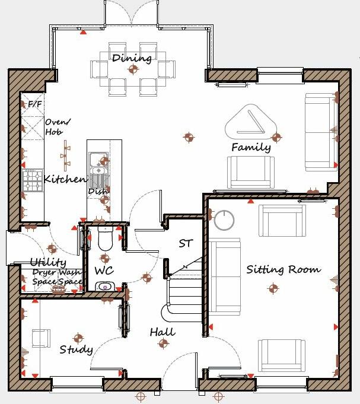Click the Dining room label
132,58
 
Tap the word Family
251,147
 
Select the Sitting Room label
283,269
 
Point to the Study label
76,349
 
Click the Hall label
162,332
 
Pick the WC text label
103,271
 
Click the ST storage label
186,243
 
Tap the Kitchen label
65,179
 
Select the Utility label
48,262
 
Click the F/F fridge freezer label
35,104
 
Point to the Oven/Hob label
57,127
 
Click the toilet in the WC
105,239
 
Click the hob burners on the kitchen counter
32,180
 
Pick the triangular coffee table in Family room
251,122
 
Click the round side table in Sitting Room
225,221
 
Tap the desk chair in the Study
41,338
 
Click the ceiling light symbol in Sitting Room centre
273,289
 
